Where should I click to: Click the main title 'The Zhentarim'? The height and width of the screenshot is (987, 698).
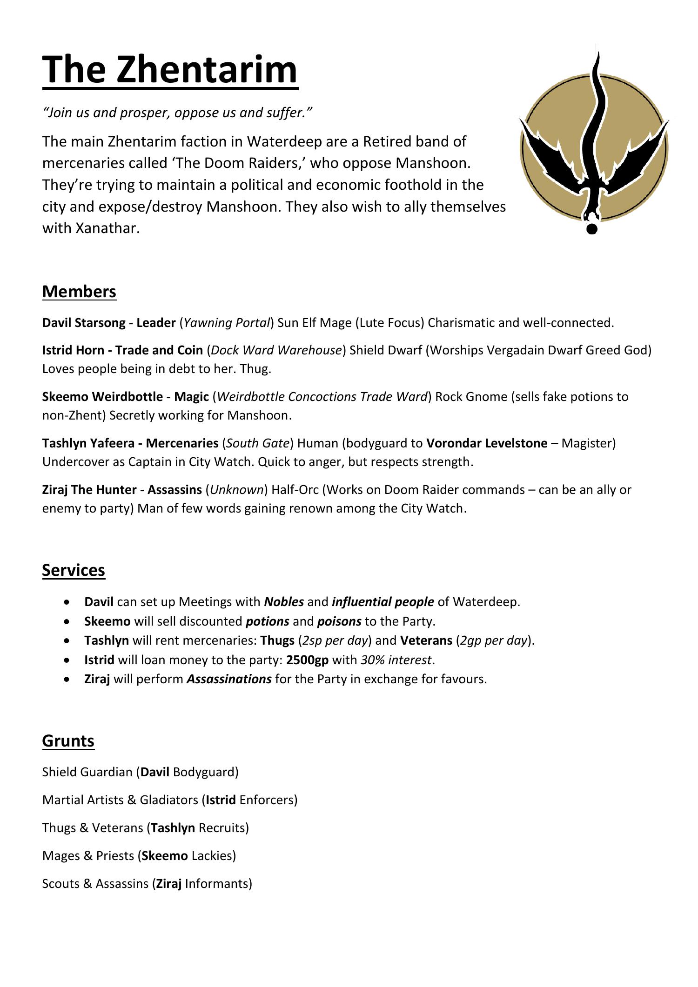coord(170,70)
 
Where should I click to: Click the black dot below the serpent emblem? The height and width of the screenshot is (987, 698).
coord(591,229)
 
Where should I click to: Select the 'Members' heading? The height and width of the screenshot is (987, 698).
coord(79,292)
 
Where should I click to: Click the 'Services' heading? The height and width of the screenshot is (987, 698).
coord(74,570)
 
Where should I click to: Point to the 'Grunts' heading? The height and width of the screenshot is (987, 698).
coord(68,740)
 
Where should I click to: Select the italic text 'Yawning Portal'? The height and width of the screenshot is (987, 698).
coord(227,323)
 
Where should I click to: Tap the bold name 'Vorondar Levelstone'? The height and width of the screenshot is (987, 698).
coord(487,443)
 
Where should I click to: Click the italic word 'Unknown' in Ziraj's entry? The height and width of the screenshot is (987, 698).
coord(237,490)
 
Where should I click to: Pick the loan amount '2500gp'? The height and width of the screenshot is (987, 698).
coord(307,660)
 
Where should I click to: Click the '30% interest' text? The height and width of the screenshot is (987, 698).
coord(396,660)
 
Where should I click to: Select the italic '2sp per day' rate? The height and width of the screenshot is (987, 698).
coord(335,640)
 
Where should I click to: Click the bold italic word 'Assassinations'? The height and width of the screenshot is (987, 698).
coord(229,679)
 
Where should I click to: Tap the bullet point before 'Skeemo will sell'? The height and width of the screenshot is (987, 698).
coord(68,621)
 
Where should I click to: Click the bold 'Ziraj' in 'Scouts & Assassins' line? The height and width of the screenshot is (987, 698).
coord(169,884)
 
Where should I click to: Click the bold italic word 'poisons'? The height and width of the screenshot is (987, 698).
coord(339,621)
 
